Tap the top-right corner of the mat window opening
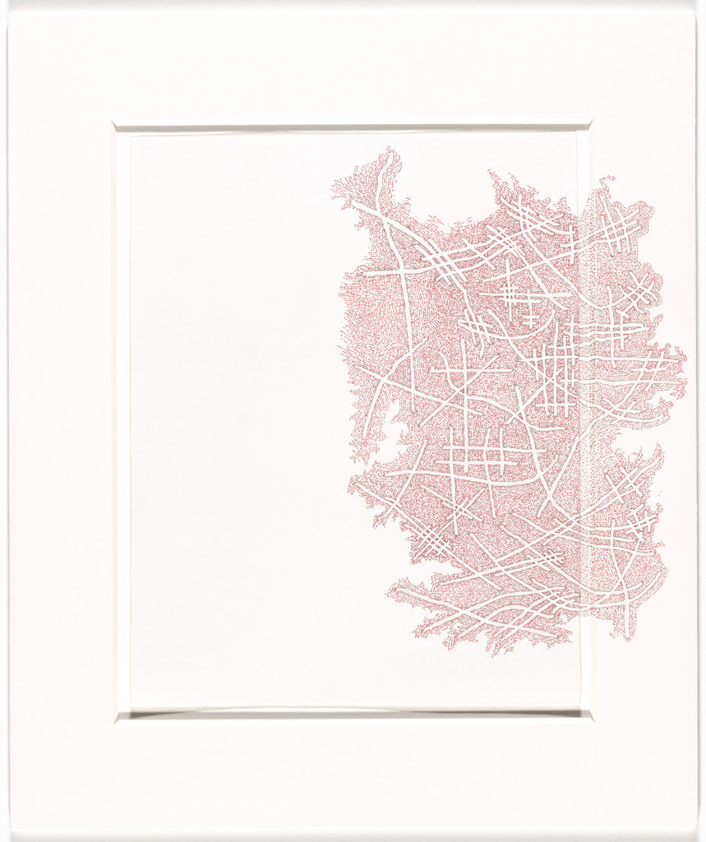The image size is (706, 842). coord(591,126)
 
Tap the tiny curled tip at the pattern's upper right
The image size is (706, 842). coord(609,178)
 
